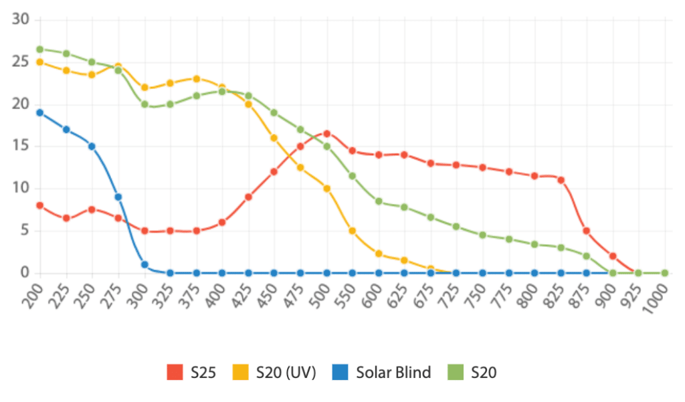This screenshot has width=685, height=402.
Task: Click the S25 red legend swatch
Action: (175, 373)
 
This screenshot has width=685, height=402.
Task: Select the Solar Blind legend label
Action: (393, 373)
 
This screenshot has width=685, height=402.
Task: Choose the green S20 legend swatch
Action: (456, 373)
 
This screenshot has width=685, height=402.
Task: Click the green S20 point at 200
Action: (40, 49)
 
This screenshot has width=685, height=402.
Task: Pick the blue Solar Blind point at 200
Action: (40, 112)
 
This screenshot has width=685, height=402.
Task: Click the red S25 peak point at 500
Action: (326, 134)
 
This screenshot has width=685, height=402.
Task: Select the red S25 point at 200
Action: (40, 205)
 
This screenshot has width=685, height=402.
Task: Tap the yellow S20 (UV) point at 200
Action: (40, 62)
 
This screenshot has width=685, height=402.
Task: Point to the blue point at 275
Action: (118, 197)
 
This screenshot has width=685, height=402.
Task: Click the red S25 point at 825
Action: (561, 180)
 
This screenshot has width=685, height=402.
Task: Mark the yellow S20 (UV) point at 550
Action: (352, 231)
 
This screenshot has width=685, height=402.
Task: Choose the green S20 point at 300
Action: (144, 104)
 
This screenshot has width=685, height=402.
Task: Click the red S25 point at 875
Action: (587, 231)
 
